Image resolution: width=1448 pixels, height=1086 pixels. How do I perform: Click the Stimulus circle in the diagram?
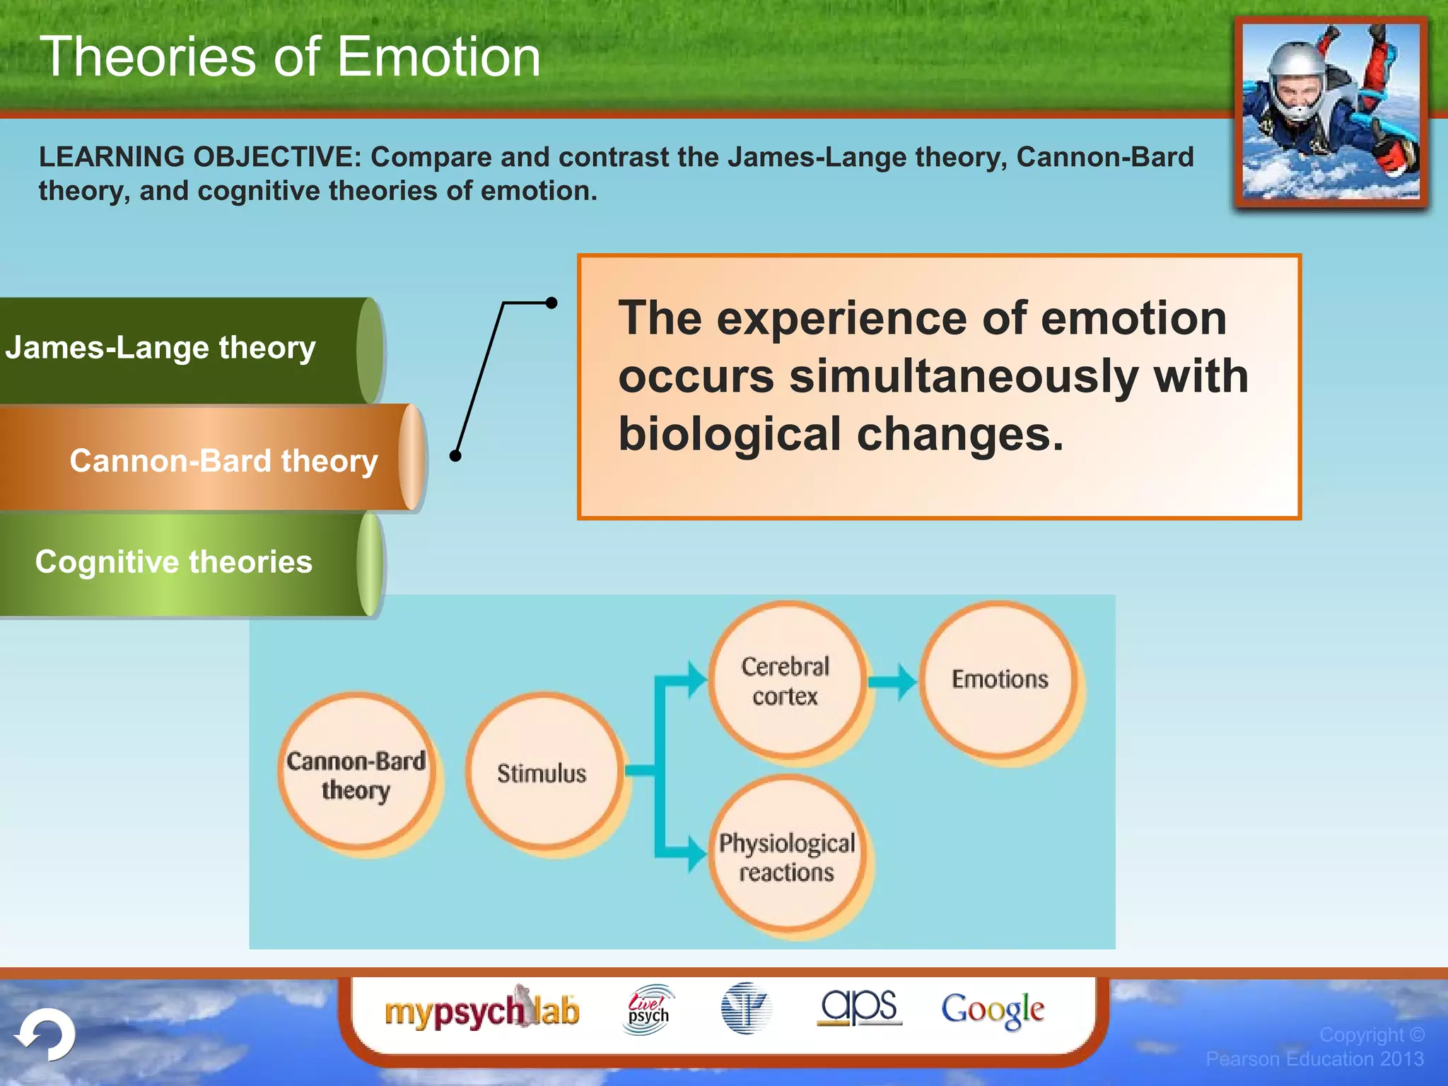(542, 772)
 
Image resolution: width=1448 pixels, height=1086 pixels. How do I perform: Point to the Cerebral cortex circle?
(786, 680)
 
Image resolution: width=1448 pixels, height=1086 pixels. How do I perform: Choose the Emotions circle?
(999, 679)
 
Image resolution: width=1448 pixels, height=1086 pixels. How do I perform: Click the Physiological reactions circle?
(787, 856)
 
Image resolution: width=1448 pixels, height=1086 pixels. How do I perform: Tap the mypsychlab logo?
(481, 1010)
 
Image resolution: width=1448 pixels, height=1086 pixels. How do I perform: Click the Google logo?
(992, 1010)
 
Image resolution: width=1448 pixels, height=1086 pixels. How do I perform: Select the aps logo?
(858, 1007)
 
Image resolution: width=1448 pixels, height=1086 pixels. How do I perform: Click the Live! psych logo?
(648, 1010)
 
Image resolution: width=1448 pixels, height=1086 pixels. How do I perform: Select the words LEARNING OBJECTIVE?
(199, 157)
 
